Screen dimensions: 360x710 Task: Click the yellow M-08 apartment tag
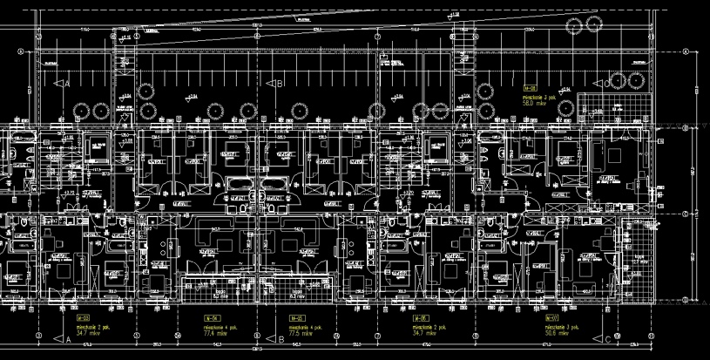[x=529, y=89]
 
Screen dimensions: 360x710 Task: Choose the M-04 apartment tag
[x=209, y=319]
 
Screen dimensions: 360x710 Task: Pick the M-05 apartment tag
[x=294, y=319]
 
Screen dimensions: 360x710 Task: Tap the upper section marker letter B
[x=280, y=84]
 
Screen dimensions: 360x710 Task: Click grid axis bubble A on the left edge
[x=21, y=51]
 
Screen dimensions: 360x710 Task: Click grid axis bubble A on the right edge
[x=686, y=51]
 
